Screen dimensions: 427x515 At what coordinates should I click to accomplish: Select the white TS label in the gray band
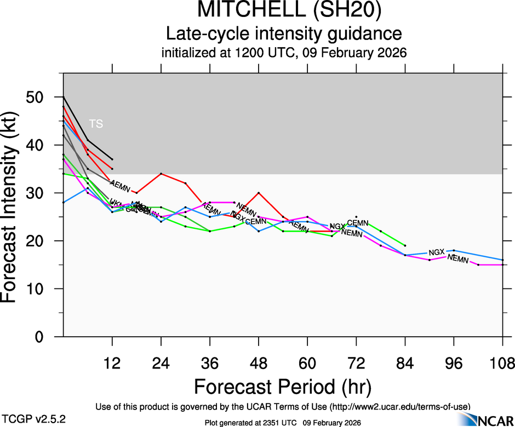point(96,124)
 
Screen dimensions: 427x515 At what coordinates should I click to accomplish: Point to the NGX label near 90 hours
point(437,252)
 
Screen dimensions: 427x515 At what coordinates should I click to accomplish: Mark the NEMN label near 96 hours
point(458,259)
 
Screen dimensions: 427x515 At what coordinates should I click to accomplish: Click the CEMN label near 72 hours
point(358,223)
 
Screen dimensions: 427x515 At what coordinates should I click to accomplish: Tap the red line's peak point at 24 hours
point(161,174)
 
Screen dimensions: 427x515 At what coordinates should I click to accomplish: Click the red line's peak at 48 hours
point(259,193)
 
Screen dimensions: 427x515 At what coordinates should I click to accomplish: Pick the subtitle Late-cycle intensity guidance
point(284,34)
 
